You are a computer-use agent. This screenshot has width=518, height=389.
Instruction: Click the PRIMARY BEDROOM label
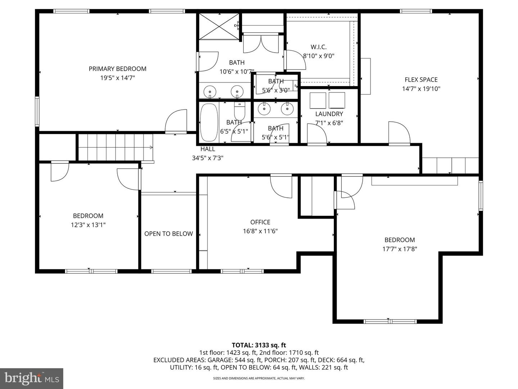117,69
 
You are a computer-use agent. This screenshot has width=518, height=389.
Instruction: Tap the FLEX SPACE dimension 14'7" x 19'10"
421,89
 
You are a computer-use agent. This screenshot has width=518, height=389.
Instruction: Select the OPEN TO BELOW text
168,234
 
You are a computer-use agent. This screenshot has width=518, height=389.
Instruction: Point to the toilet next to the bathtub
239,111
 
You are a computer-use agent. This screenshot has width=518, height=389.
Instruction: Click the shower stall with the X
219,26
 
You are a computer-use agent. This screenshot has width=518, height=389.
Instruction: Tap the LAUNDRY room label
329,114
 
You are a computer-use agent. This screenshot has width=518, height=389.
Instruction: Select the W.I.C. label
318,47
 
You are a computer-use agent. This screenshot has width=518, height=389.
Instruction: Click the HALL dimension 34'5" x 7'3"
208,158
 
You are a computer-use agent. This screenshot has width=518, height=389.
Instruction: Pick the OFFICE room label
260,222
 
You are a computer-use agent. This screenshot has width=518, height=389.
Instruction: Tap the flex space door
399,133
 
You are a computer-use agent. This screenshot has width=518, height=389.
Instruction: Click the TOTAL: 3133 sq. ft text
259,345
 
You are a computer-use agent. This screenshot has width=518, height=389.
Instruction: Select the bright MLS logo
32,378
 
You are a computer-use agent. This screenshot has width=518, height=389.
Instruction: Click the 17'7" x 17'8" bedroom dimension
399,249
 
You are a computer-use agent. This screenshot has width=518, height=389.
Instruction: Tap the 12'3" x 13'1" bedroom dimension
88,225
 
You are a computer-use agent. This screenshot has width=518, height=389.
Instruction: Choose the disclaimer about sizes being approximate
259,378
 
